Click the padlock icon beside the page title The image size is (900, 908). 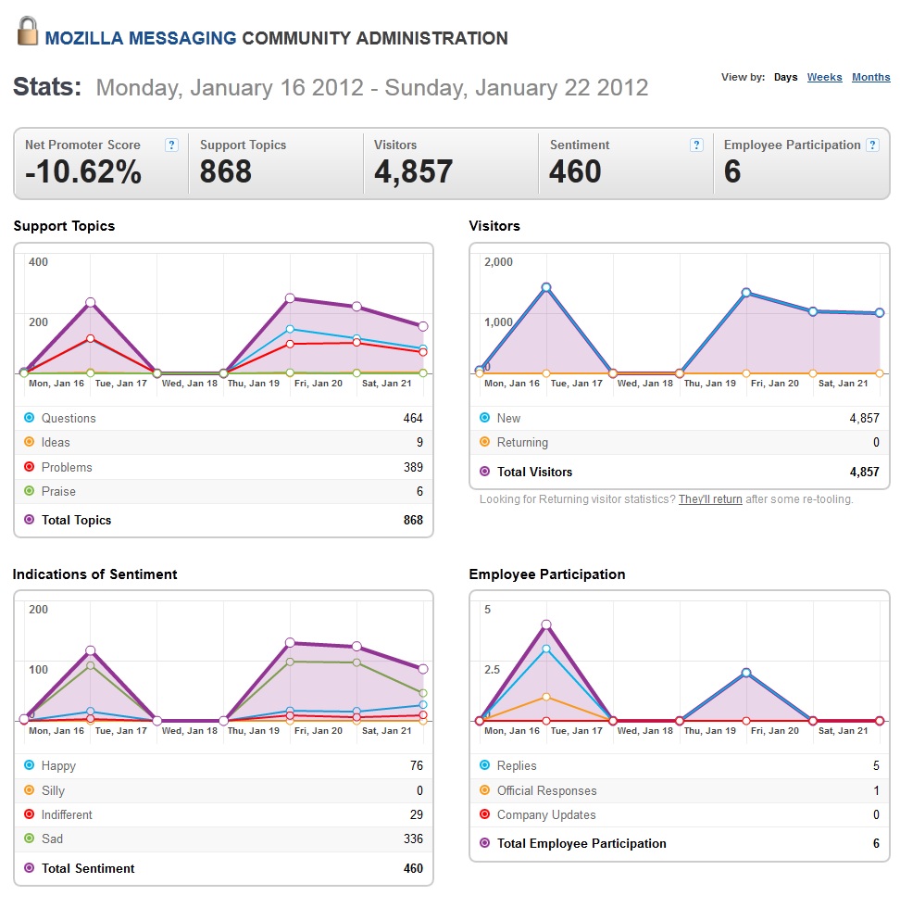pos(27,32)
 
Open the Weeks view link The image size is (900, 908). pos(824,77)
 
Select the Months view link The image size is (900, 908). pos(870,77)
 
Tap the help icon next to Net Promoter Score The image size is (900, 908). pos(171,145)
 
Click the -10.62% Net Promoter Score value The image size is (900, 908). pos(83,171)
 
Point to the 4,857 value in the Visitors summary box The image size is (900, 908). pos(413,171)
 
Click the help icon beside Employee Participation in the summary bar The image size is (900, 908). pos(872,145)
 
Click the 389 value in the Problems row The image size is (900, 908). pos(413,467)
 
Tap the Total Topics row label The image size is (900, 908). pos(76,520)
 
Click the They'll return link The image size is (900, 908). pos(710,499)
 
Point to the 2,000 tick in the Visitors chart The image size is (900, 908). pos(498,261)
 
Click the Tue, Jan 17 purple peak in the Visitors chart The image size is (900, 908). pos(545,287)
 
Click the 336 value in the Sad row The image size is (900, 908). pos(413,839)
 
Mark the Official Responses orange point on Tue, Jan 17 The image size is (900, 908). pos(545,697)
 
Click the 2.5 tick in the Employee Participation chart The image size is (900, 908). pos(492,669)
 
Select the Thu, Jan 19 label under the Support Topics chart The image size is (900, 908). pos(254,384)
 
